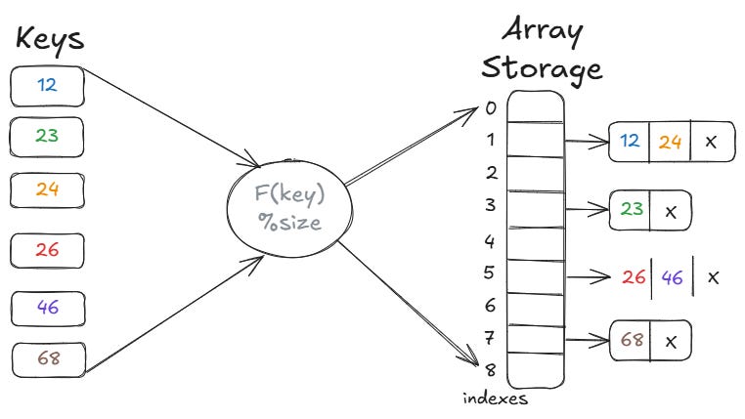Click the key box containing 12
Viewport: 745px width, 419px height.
(47, 85)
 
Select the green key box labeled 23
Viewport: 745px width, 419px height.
(47, 136)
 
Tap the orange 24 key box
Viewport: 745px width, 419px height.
(47, 189)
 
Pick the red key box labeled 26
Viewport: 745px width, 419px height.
(47, 250)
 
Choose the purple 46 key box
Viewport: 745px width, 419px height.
(47, 306)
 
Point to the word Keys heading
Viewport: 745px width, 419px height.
(49, 39)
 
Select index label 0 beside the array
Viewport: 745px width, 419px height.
(490, 107)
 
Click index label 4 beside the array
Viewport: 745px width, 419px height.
(490, 240)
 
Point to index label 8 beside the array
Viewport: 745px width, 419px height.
(490, 369)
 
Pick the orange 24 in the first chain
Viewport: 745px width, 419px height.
(670, 141)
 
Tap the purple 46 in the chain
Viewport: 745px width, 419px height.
(673, 277)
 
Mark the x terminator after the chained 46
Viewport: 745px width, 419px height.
(713, 277)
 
